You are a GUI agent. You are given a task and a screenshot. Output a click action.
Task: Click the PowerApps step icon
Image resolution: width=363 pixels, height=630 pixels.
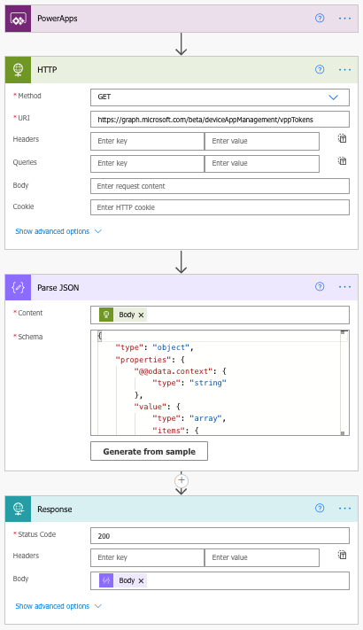(x=18, y=19)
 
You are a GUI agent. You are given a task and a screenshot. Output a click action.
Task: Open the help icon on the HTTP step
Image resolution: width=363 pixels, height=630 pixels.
(x=320, y=69)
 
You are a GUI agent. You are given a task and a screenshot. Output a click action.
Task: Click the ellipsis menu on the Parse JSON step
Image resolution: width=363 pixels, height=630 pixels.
(x=345, y=287)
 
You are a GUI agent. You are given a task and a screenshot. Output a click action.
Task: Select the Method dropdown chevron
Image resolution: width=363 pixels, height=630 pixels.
(x=333, y=97)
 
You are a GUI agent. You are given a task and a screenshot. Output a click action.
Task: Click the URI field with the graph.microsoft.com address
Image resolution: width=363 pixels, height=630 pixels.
(x=220, y=120)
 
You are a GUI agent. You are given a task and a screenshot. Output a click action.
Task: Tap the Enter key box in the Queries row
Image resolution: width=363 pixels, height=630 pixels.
(x=147, y=163)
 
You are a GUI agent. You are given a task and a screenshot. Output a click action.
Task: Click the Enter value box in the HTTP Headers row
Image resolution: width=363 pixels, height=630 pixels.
(x=262, y=141)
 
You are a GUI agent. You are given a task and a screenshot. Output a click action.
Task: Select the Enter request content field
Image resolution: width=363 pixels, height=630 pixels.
(x=220, y=186)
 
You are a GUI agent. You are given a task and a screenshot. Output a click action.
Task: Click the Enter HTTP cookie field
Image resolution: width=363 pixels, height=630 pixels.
(x=220, y=207)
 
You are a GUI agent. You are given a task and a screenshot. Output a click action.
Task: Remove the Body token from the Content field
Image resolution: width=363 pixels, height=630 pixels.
(x=141, y=315)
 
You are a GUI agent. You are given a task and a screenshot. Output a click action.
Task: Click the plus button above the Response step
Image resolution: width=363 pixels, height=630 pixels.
(x=181, y=480)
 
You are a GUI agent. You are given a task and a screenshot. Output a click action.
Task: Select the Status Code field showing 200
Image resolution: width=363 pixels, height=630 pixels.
(x=220, y=535)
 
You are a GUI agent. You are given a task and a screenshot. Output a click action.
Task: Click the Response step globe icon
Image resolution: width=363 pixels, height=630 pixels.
(x=18, y=509)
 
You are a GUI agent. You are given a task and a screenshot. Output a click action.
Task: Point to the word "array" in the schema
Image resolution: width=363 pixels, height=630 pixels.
(x=205, y=418)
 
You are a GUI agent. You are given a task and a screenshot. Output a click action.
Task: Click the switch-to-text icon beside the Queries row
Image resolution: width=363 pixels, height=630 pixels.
(x=342, y=161)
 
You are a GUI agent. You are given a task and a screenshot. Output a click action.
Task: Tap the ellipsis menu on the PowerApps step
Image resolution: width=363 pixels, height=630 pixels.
(x=345, y=19)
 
